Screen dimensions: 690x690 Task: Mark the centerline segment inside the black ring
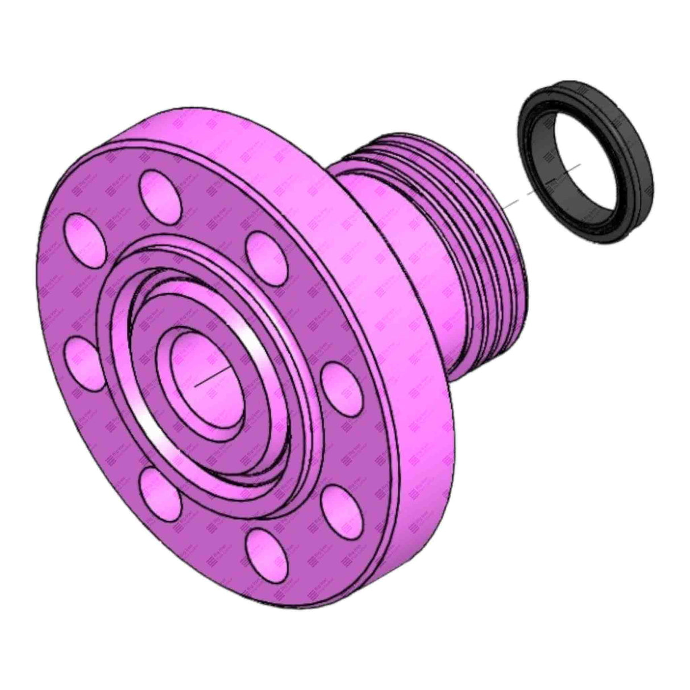[563, 173]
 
